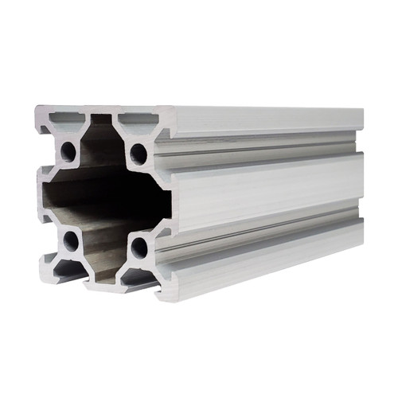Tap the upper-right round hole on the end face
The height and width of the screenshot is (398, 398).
[139, 152]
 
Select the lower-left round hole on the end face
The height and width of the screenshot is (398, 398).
[71, 241]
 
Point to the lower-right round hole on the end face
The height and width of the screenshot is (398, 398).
[139, 247]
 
